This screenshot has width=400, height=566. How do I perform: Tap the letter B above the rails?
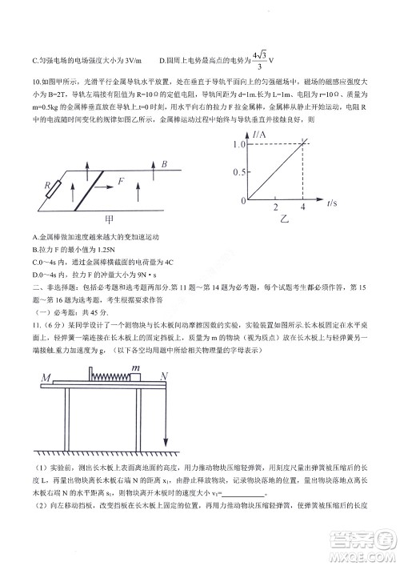tap(163, 164)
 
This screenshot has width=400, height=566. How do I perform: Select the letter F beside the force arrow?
tap(122, 182)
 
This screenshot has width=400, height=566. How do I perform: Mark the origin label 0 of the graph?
tap(242, 202)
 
